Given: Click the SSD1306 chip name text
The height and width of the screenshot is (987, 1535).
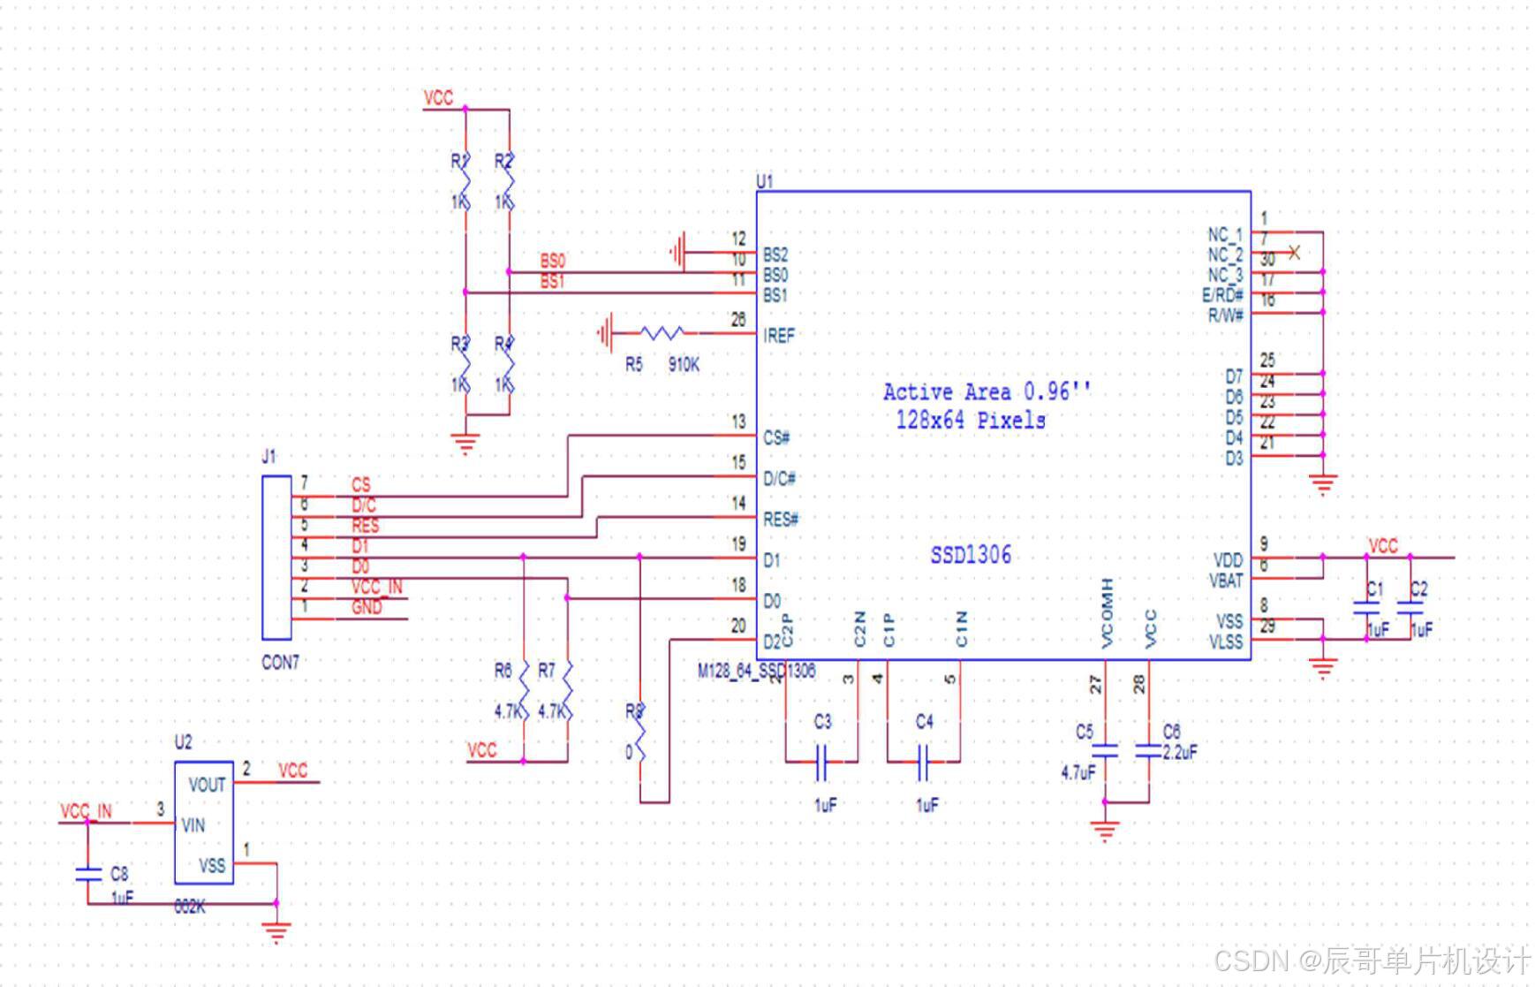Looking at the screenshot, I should (971, 555).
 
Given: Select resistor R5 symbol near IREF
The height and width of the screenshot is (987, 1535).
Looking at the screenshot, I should (662, 333).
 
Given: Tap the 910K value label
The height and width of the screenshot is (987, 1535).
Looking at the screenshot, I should (684, 364).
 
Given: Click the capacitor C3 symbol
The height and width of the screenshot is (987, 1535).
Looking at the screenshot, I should (821, 761).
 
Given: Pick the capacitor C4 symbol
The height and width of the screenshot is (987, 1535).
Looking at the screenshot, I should (923, 761).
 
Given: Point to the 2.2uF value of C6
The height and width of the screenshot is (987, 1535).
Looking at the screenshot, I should (1180, 752).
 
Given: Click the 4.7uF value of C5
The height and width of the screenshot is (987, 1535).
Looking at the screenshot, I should (1078, 772).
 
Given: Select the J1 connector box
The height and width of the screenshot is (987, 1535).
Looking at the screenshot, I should (276, 557).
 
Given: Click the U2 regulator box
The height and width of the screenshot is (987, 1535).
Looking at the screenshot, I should (204, 823).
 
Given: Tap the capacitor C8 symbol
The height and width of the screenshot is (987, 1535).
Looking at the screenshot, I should (87, 874).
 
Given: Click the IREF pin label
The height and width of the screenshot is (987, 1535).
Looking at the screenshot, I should (779, 335).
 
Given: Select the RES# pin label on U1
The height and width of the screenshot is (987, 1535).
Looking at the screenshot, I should (781, 520).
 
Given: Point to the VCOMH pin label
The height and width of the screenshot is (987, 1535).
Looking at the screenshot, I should (1108, 613).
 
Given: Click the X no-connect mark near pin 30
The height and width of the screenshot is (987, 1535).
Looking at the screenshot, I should (1294, 253).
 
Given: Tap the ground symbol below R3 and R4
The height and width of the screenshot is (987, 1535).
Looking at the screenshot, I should (465, 442).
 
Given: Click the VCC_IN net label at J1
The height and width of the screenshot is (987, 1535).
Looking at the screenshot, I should (377, 587).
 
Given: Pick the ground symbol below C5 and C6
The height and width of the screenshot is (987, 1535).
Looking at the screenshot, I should (1105, 831).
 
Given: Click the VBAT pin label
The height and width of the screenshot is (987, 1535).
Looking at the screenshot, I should (1226, 581).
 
